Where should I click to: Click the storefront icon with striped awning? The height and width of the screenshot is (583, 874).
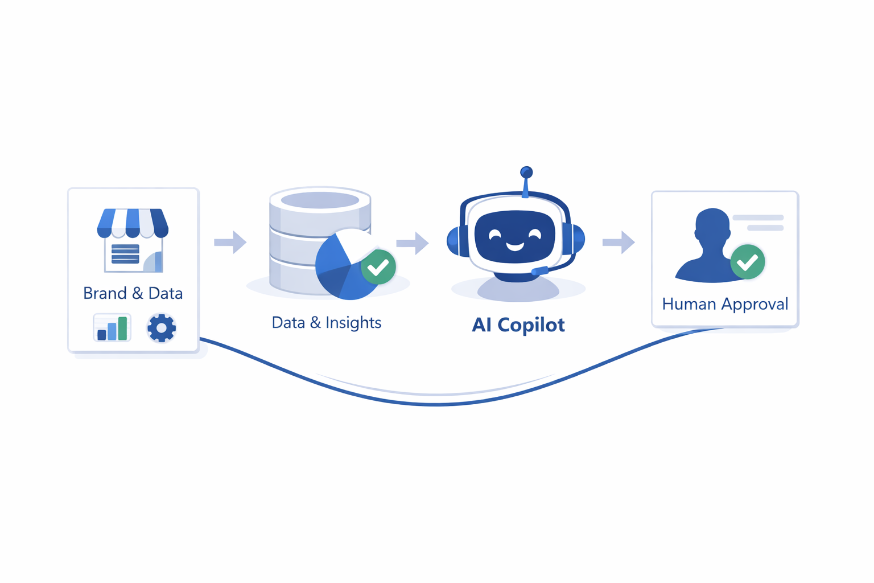click(133, 240)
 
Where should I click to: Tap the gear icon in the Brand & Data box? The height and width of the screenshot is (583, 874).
click(162, 328)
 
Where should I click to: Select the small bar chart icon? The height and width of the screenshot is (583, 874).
click(112, 328)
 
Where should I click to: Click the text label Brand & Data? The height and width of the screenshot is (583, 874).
click(133, 293)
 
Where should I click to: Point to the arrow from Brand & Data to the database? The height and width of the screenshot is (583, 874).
click(230, 242)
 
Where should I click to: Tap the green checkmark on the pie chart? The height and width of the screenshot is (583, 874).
click(378, 266)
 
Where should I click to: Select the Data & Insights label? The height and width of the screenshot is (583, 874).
click(326, 322)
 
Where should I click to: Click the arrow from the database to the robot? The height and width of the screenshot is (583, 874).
click(413, 243)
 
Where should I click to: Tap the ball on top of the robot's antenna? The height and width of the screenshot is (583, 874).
click(526, 172)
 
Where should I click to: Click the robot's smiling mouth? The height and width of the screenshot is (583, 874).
click(515, 246)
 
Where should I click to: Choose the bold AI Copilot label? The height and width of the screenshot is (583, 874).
click(518, 325)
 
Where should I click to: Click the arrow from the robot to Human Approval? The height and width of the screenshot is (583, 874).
click(619, 243)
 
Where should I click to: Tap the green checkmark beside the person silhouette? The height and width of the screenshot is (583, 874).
click(747, 262)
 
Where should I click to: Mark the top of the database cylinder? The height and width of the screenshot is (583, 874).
click(320, 200)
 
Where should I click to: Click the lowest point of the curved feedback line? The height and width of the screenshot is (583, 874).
click(436, 404)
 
